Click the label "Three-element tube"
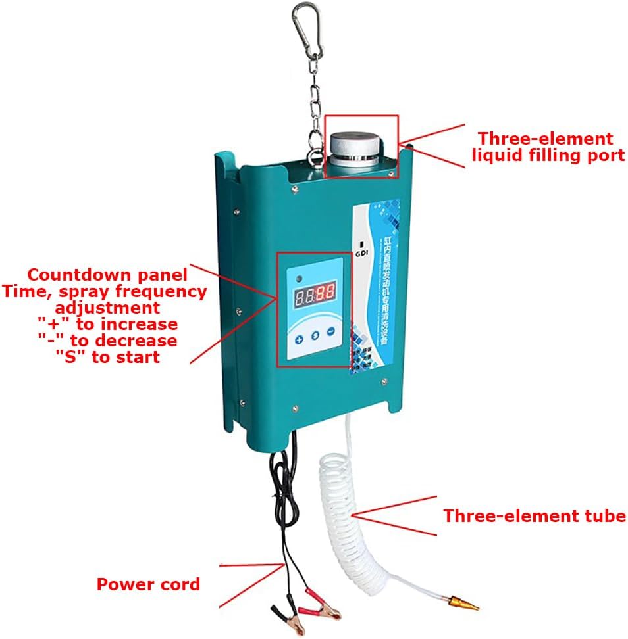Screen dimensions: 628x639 click(534, 516)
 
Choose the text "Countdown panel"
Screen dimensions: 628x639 click(107, 274)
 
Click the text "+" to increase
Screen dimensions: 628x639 click(107, 324)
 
